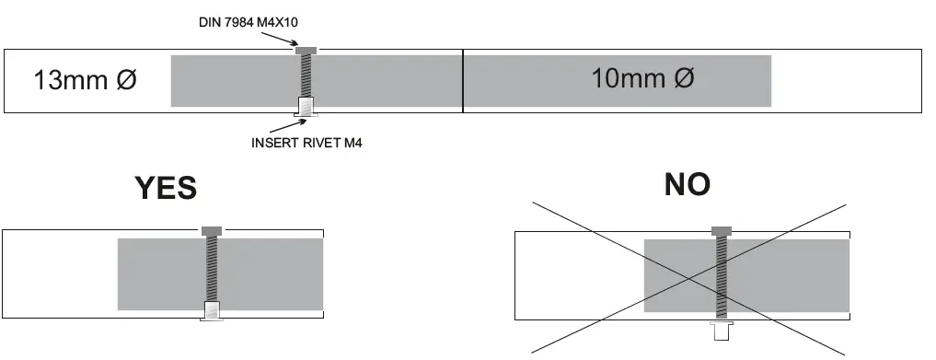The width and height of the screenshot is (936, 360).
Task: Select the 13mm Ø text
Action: point(85,79)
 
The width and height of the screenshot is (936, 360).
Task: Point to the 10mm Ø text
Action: point(642,78)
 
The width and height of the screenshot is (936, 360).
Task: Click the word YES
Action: point(166,188)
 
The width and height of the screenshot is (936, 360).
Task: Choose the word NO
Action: point(688,184)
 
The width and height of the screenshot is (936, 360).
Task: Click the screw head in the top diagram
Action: point(306,50)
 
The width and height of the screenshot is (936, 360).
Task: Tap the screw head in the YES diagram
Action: point(212,229)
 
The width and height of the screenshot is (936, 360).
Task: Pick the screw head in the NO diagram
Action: point(721,229)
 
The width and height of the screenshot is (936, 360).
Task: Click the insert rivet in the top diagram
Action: point(306,107)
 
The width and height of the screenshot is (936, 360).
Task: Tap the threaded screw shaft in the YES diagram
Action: point(212,267)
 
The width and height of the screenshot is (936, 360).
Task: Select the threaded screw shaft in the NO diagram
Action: point(721,276)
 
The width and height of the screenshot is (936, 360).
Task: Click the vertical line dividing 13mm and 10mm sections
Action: point(462,81)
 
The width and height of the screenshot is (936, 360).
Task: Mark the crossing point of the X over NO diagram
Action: point(688,277)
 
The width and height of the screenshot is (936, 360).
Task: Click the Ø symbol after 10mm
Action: point(682,78)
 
